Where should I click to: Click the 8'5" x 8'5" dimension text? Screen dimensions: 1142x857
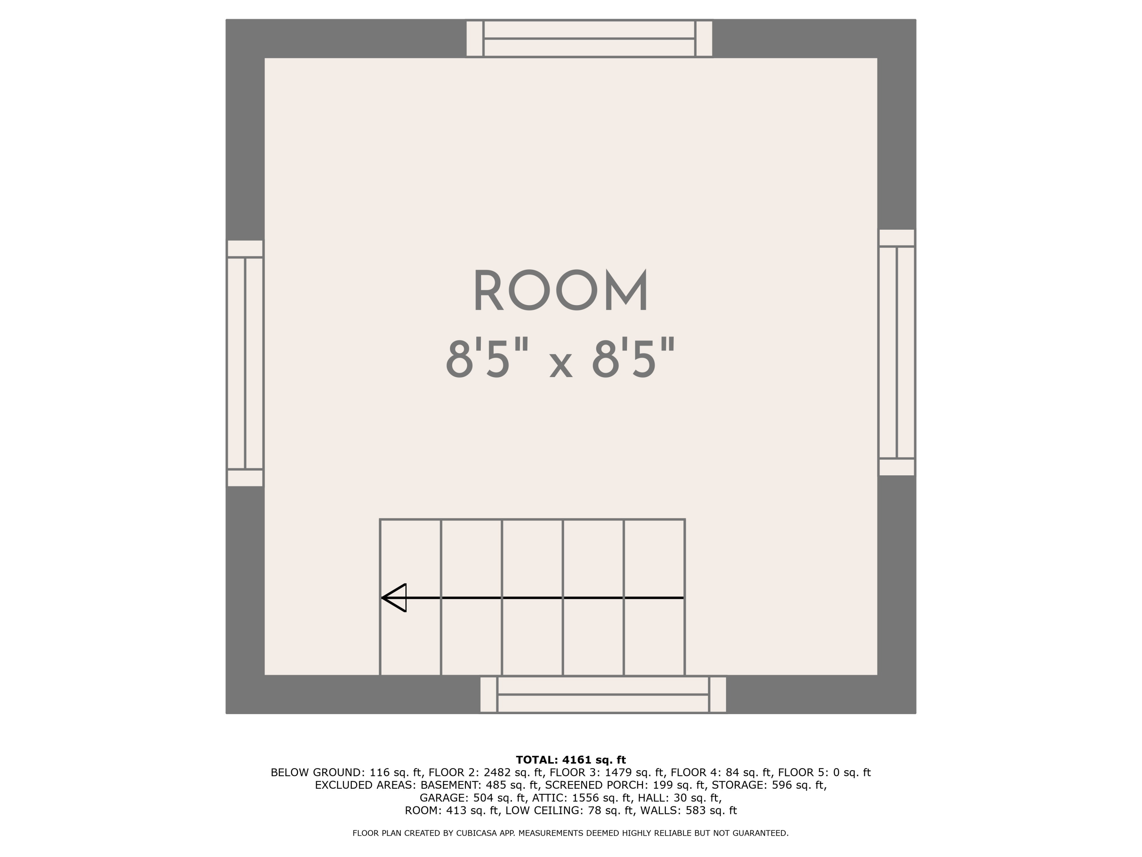tap(561, 358)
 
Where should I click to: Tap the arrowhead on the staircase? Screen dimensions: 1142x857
tap(394, 598)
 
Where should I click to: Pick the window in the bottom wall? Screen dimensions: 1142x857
tap(603, 695)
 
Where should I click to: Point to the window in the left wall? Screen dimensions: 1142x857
tap(245, 363)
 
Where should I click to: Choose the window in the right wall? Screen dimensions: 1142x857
tap(897, 352)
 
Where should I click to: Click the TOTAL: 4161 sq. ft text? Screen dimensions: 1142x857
tap(571, 760)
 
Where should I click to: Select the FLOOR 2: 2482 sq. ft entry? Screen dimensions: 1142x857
tap(485, 773)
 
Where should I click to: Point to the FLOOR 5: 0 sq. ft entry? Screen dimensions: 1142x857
tap(824, 773)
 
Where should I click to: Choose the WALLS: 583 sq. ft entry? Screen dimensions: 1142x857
tap(689, 811)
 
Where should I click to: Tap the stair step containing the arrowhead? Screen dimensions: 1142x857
tap(410, 598)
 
